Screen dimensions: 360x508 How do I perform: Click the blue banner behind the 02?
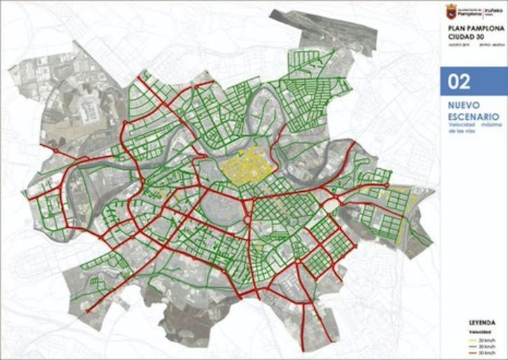pyautogui.click(x=490, y=82)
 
